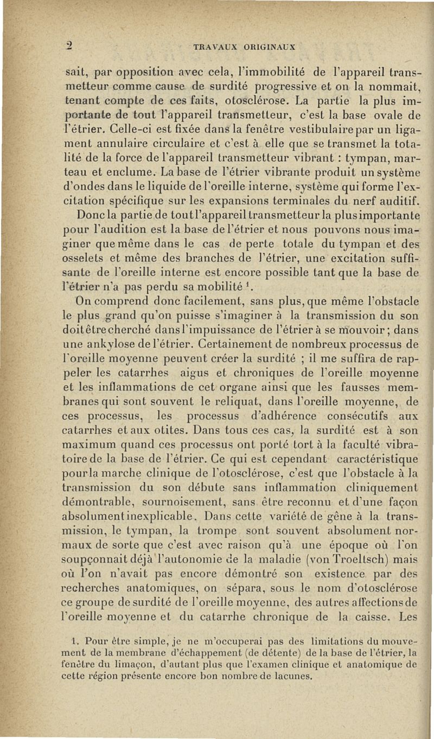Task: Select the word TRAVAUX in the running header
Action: [x=218, y=47]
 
